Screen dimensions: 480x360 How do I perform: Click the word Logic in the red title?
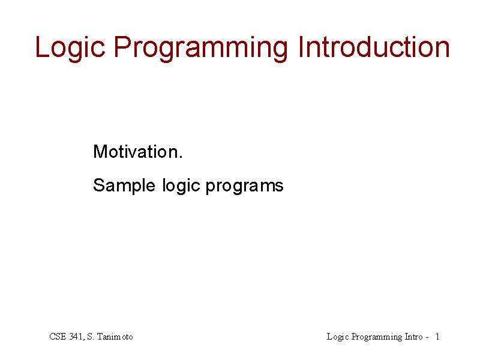pos(70,48)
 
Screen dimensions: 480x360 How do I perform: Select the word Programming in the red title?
pos(201,49)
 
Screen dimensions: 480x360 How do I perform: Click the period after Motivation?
pos(181,157)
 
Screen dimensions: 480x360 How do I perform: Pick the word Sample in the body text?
pos(124,185)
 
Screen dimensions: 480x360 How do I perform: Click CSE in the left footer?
pos(58,337)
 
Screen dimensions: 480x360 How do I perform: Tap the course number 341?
pos(77,337)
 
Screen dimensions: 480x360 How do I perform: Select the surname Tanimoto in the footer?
pos(115,337)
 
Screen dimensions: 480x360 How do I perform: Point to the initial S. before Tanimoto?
pos(91,337)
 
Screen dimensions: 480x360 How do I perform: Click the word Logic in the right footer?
pos(338,337)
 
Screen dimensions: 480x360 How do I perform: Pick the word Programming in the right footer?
pos(377,337)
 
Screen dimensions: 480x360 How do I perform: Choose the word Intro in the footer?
pos(413,337)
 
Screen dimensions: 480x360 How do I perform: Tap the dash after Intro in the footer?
pos(427,338)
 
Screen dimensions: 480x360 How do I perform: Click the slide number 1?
pos(437,337)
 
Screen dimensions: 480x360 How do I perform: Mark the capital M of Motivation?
pos(100,152)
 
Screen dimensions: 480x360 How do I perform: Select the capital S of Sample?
pos(99,185)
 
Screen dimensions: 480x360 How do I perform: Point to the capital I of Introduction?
pos(301,47)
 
